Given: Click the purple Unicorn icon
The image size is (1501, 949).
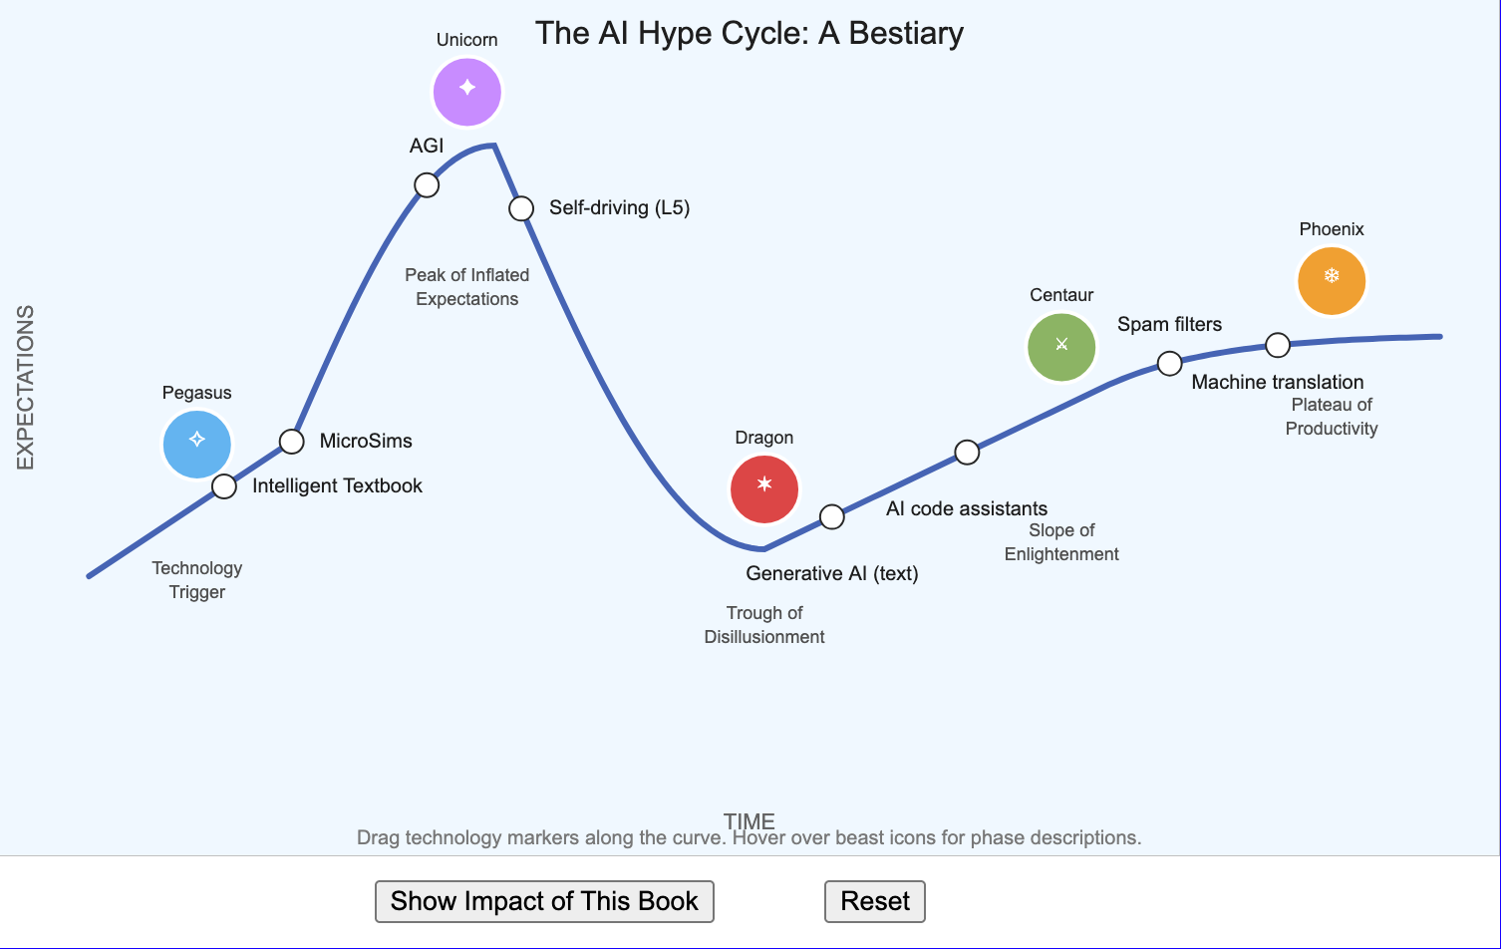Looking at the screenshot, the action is point(467,92).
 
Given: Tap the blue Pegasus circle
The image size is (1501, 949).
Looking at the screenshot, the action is point(197,445).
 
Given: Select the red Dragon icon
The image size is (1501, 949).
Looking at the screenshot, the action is point(764,489).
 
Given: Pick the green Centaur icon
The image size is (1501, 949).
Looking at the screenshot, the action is point(1061,347).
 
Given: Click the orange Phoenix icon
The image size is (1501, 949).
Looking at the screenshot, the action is point(1332,281).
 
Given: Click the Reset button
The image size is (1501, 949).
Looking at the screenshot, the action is point(874,901).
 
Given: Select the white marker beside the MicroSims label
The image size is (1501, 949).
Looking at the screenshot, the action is point(291,442).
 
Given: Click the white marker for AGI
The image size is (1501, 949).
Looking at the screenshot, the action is point(427,185).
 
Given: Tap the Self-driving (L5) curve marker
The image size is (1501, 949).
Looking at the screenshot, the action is point(521,208).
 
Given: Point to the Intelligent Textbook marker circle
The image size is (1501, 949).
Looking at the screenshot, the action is point(224,486).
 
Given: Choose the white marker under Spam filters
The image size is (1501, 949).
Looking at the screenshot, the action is point(1169,363).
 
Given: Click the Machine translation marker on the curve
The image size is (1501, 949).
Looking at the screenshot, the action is point(1278,345).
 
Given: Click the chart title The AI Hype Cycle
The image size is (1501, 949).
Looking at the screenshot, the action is point(750,33).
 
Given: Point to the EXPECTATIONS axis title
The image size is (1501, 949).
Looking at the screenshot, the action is point(25,388).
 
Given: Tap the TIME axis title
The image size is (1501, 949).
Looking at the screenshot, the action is point(750,821).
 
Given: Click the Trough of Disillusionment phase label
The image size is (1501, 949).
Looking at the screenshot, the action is point(764,625).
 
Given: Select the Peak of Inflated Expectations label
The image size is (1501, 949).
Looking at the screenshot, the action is point(467,287).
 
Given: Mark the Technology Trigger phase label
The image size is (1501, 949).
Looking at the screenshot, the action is point(197,580).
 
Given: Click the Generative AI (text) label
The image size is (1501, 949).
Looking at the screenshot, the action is point(832,574).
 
